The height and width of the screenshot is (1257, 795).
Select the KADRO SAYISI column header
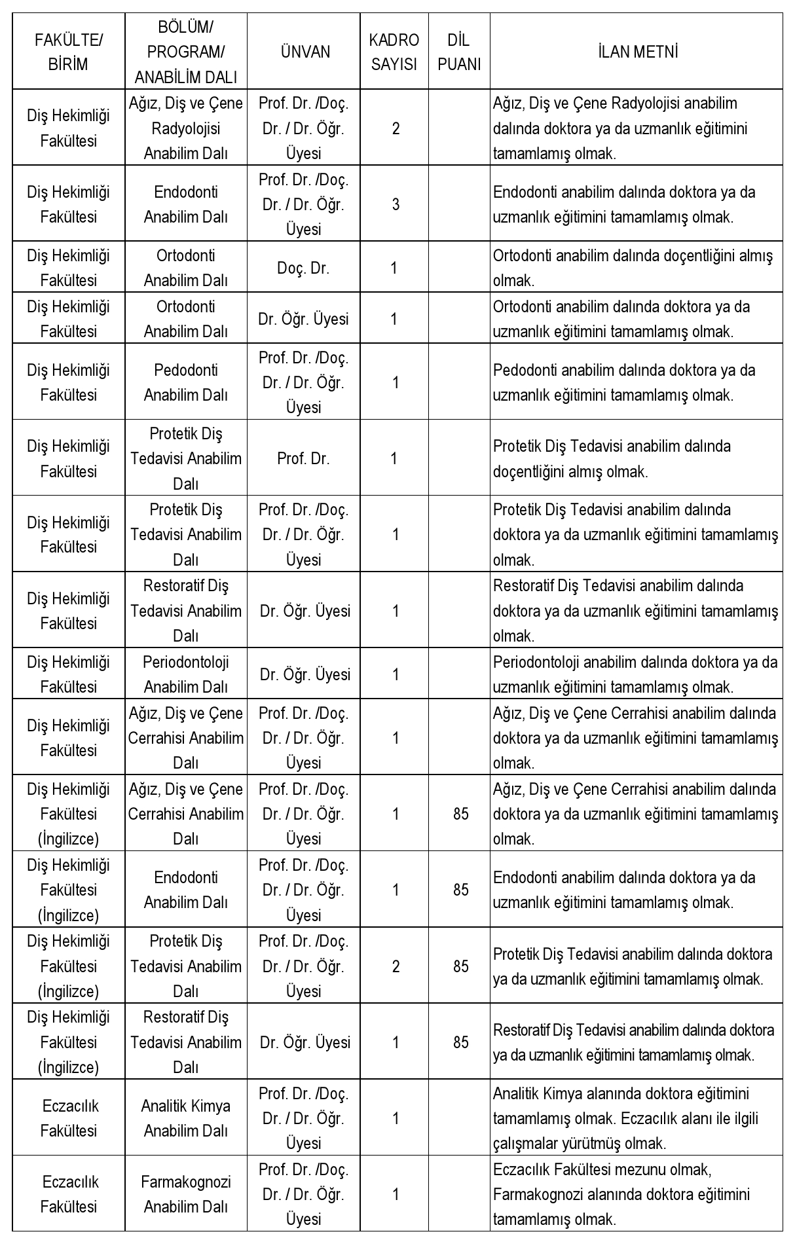[x=394, y=52]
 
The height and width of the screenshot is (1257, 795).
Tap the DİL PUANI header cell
[x=459, y=52]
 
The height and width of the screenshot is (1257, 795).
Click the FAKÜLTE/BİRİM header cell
[x=68, y=52]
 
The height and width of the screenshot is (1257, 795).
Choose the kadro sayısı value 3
[x=396, y=204]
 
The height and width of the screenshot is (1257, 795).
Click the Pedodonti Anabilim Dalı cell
[x=186, y=382]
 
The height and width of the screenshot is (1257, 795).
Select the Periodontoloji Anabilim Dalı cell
[x=186, y=674]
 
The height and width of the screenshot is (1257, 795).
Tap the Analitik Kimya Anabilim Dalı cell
[x=186, y=1118]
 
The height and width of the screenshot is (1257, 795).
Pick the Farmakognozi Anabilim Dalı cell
[x=186, y=1194]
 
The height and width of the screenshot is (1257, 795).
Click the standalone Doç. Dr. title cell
[x=304, y=268]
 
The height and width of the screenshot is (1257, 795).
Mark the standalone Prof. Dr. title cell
[x=304, y=458]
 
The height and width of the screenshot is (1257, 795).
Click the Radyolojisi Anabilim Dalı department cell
[x=186, y=128]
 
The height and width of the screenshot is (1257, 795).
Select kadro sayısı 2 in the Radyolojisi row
[x=396, y=128]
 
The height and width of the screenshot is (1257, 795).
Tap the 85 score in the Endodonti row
[x=461, y=890]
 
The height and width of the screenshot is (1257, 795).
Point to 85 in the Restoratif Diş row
[x=461, y=1042]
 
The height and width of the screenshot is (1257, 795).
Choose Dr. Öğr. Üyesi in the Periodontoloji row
[x=305, y=674]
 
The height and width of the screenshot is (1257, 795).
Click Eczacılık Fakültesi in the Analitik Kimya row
[x=68, y=1118]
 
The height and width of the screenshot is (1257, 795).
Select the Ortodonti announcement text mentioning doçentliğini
[x=633, y=268]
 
